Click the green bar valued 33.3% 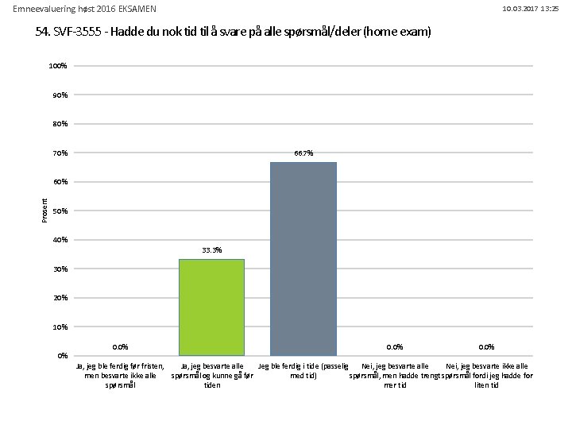point(211,307)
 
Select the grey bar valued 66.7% point(303,258)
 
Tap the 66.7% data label point(303,153)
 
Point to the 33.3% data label point(211,250)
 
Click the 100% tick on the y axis point(58,66)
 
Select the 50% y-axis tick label point(60,211)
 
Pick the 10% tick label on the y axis point(60,327)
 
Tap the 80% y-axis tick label point(60,124)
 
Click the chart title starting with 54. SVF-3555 point(233,33)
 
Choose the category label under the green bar point(212,375)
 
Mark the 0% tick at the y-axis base point(62,355)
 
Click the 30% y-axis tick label point(60,269)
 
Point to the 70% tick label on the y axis point(60,153)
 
